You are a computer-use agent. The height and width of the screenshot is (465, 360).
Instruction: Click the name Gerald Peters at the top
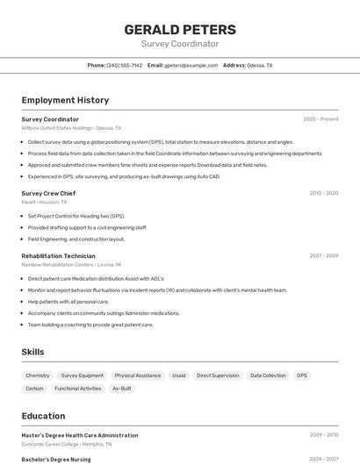[x=180, y=30]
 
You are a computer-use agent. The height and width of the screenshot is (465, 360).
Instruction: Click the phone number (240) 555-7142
[x=124, y=65]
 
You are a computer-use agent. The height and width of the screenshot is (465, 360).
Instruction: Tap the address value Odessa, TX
[x=260, y=65]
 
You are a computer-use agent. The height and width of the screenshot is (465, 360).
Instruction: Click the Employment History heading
[x=65, y=100]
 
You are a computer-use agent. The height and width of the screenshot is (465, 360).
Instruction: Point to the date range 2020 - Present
[x=320, y=119]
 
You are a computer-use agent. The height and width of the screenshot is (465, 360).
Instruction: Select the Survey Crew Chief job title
[x=48, y=193]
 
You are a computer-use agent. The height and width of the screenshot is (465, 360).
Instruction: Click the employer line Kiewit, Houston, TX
[x=44, y=202]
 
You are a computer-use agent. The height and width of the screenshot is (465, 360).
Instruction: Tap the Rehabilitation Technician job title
[x=58, y=255]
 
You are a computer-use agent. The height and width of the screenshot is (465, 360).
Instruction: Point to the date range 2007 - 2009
[x=323, y=255]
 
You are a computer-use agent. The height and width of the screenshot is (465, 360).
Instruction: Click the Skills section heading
[x=33, y=352]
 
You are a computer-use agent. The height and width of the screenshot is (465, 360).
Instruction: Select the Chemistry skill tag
[x=38, y=376]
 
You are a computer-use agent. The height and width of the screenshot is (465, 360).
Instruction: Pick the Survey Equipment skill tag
[x=82, y=376]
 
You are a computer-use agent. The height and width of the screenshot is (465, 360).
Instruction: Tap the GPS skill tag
[x=302, y=376]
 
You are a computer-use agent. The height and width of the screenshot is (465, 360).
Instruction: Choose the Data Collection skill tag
[x=268, y=376]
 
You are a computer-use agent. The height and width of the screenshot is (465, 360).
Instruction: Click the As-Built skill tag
[x=121, y=388]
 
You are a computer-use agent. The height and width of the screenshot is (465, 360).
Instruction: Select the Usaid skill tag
[x=179, y=376]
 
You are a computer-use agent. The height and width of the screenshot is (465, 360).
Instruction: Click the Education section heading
[x=43, y=416]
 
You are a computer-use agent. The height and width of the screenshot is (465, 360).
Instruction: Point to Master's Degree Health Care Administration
[x=79, y=435]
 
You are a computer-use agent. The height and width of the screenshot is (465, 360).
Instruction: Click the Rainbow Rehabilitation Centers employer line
[x=71, y=264]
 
